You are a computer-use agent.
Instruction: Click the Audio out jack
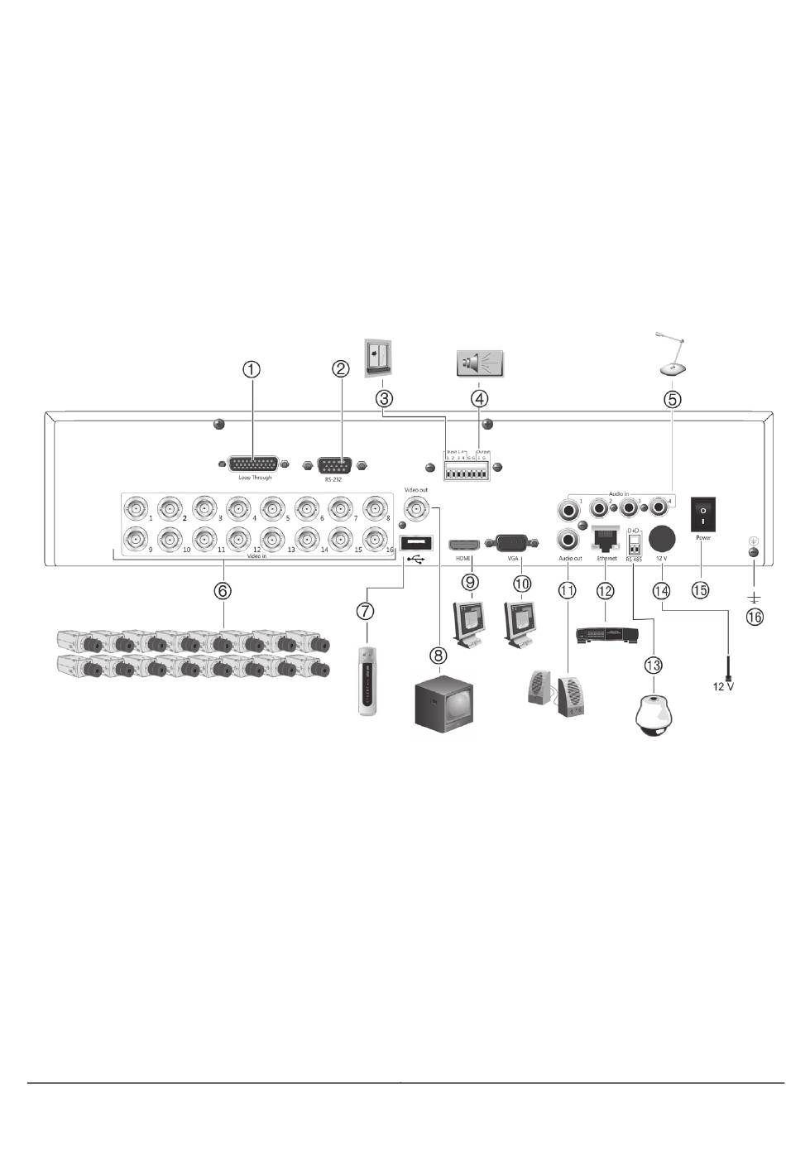point(569,541)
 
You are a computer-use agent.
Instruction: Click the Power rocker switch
point(703,514)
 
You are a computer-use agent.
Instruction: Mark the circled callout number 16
point(755,617)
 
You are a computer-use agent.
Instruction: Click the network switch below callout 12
point(606,636)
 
